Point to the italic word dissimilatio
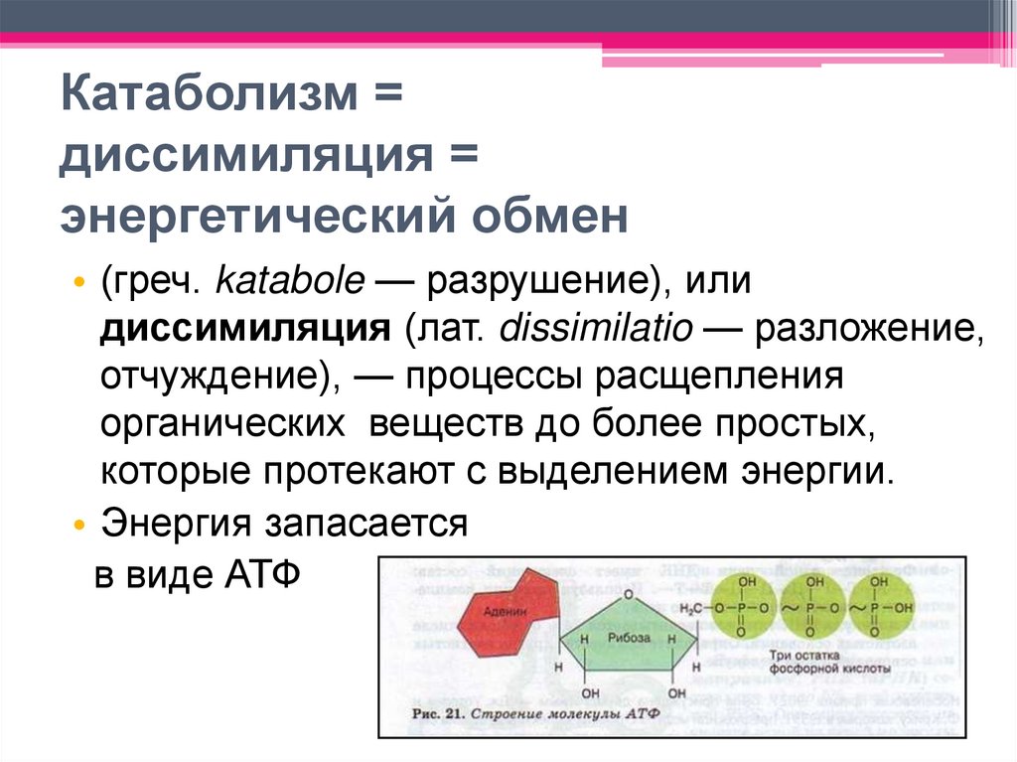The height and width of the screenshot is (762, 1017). pyautogui.click(x=595, y=329)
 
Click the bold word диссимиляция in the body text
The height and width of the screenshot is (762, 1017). pyautogui.click(x=244, y=329)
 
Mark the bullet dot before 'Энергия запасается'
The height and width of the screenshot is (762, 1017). pyautogui.click(x=79, y=524)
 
